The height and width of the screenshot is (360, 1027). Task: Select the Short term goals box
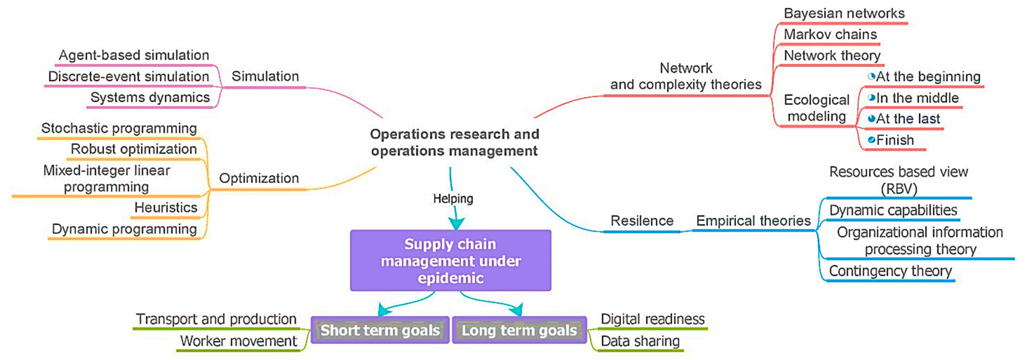pyautogui.click(x=380, y=330)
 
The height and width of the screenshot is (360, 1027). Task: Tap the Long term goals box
pyautogui.click(x=519, y=330)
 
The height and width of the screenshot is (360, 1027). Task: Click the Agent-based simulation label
pyautogui.click(x=134, y=55)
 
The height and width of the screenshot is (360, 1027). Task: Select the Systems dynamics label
pyautogui.click(x=150, y=97)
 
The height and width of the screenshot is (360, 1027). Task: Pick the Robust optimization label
pyautogui.click(x=134, y=149)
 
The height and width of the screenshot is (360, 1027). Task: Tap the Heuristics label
pyautogui.click(x=166, y=208)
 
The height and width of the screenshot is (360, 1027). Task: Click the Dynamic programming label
pyautogui.click(x=124, y=229)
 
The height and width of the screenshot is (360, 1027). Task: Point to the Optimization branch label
pyautogui.click(x=259, y=178)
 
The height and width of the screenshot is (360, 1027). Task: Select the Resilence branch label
pyautogui.click(x=642, y=221)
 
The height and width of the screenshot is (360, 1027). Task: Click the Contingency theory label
pyautogui.click(x=890, y=271)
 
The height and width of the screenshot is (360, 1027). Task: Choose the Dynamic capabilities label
pyautogui.click(x=893, y=210)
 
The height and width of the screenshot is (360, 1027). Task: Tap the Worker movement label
pyautogui.click(x=238, y=341)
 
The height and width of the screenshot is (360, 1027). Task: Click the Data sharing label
pyautogui.click(x=640, y=341)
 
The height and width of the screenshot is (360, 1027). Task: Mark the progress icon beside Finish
pyautogui.click(x=872, y=140)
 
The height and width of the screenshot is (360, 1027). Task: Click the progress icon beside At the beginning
pyautogui.click(x=872, y=76)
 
